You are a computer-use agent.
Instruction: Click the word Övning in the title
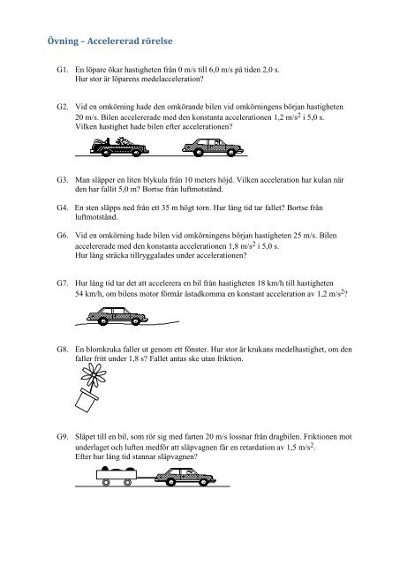pyautogui.click(x=63, y=41)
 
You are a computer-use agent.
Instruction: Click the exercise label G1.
pyautogui.click(x=62, y=70)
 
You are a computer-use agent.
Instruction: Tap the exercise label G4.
pyautogui.click(x=62, y=207)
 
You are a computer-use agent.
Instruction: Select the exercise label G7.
pyautogui.click(x=62, y=283)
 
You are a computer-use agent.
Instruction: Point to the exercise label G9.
pyautogui.click(x=62, y=437)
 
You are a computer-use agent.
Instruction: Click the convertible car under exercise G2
pyautogui.click(x=119, y=147)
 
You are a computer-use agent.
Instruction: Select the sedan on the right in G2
pyautogui.click(x=213, y=147)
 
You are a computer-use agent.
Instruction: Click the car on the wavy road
pyautogui.click(x=117, y=316)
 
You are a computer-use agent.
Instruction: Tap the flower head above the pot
pyautogui.click(x=94, y=375)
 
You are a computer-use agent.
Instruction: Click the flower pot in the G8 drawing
pyautogui.click(x=87, y=400)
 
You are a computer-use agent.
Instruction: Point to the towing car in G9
pyautogui.click(x=185, y=477)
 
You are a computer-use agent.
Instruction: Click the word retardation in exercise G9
pyautogui.click(x=263, y=448)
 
